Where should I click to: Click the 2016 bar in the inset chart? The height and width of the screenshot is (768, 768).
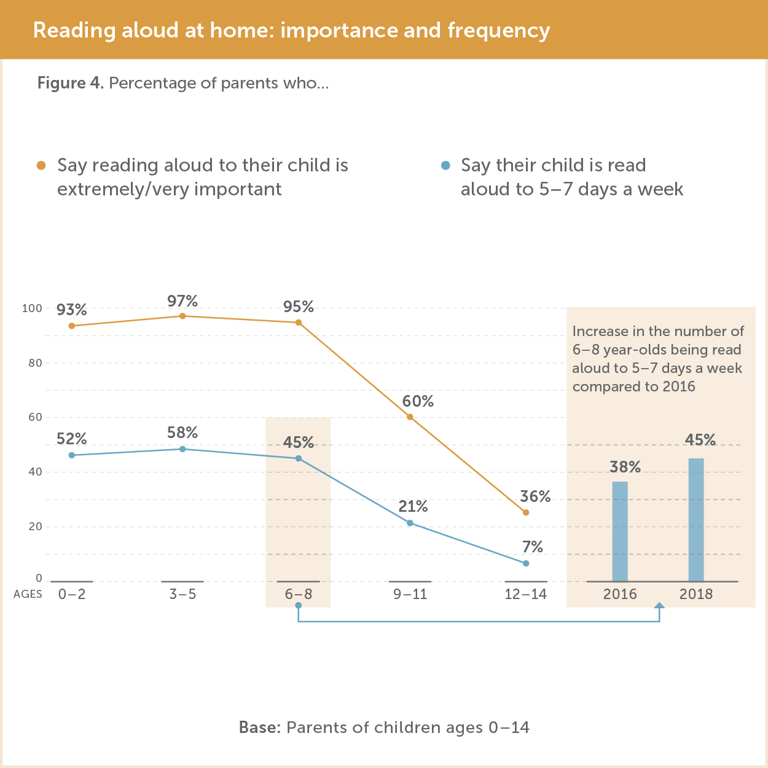tap(620, 531)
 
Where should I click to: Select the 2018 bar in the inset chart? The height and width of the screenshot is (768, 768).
tap(696, 520)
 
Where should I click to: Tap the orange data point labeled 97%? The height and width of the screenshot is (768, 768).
tap(182, 316)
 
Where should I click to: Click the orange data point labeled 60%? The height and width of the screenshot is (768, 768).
tap(410, 417)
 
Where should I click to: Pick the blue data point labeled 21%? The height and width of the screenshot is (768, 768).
tap(410, 523)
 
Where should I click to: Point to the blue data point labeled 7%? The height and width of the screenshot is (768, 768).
tap(525, 563)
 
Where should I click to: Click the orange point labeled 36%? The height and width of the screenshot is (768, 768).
tap(525, 512)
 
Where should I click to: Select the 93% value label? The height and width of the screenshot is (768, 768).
tap(72, 310)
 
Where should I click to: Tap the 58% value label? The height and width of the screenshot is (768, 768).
tap(182, 433)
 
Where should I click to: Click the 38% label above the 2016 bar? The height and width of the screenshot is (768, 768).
tap(625, 467)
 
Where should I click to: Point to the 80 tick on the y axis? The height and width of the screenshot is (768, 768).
tap(35, 363)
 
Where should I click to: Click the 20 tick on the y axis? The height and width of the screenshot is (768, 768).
tap(35, 527)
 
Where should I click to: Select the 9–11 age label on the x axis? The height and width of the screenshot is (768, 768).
tap(410, 594)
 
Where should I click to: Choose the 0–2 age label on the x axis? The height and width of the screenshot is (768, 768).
tap(72, 594)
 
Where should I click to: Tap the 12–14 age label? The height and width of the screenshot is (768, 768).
tap(525, 594)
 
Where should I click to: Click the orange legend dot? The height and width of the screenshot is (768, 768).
tap(41, 165)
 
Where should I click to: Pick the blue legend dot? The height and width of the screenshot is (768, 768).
tap(446, 165)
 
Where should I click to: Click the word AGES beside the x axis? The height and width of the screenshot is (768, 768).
tap(28, 594)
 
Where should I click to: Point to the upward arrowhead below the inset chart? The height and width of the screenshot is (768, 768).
tap(659, 606)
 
